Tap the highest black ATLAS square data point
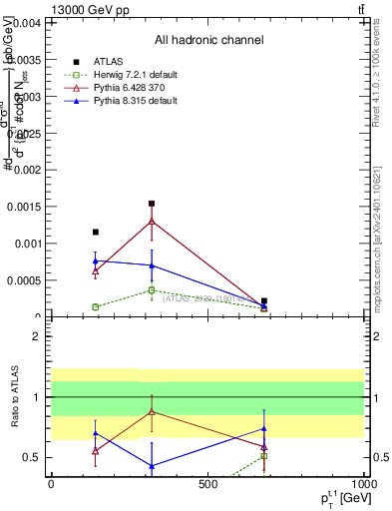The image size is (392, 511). [x=152, y=204]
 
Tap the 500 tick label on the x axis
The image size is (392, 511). [x=206, y=483]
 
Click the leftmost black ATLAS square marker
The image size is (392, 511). [x=96, y=232]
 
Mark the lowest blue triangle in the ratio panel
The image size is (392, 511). [x=152, y=466]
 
